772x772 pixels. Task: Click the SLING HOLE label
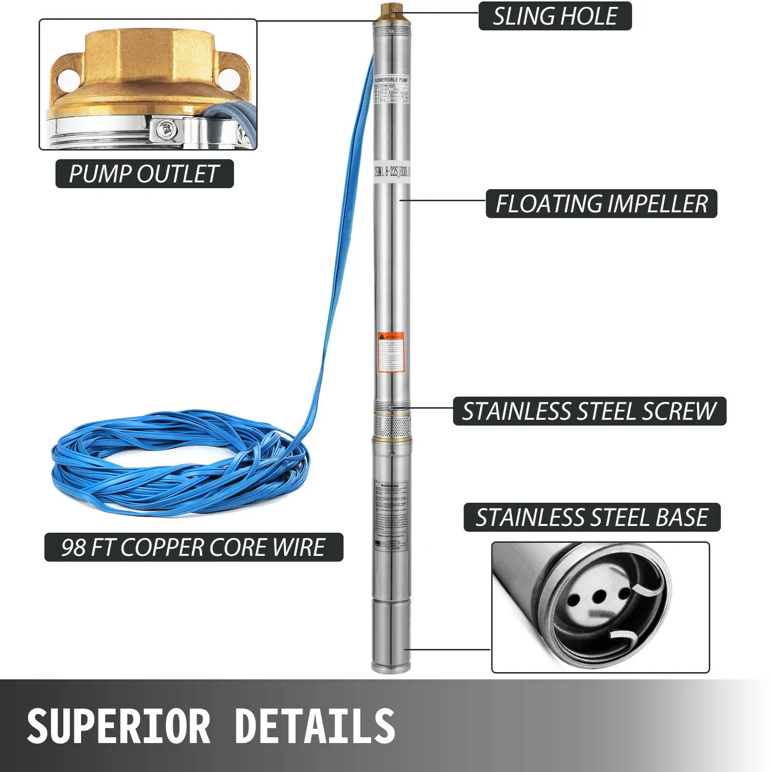click(555, 16)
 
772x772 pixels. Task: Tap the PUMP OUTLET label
click(144, 174)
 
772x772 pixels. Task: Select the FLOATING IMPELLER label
click(601, 204)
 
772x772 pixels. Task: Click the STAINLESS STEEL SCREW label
click(589, 411)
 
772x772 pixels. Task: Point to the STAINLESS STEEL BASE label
click(592, 517)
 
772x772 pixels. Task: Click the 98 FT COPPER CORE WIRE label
click(193, 547)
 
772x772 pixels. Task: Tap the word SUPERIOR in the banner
click(119, 726)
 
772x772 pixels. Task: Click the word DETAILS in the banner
click(315, 726)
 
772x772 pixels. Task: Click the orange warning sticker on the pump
click(391, 352)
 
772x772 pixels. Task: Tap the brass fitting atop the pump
click(388, 10)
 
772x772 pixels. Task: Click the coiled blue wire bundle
click(179, 463)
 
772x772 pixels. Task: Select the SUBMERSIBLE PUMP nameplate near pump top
click(391, 89)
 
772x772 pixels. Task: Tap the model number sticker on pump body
click(392, 172)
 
